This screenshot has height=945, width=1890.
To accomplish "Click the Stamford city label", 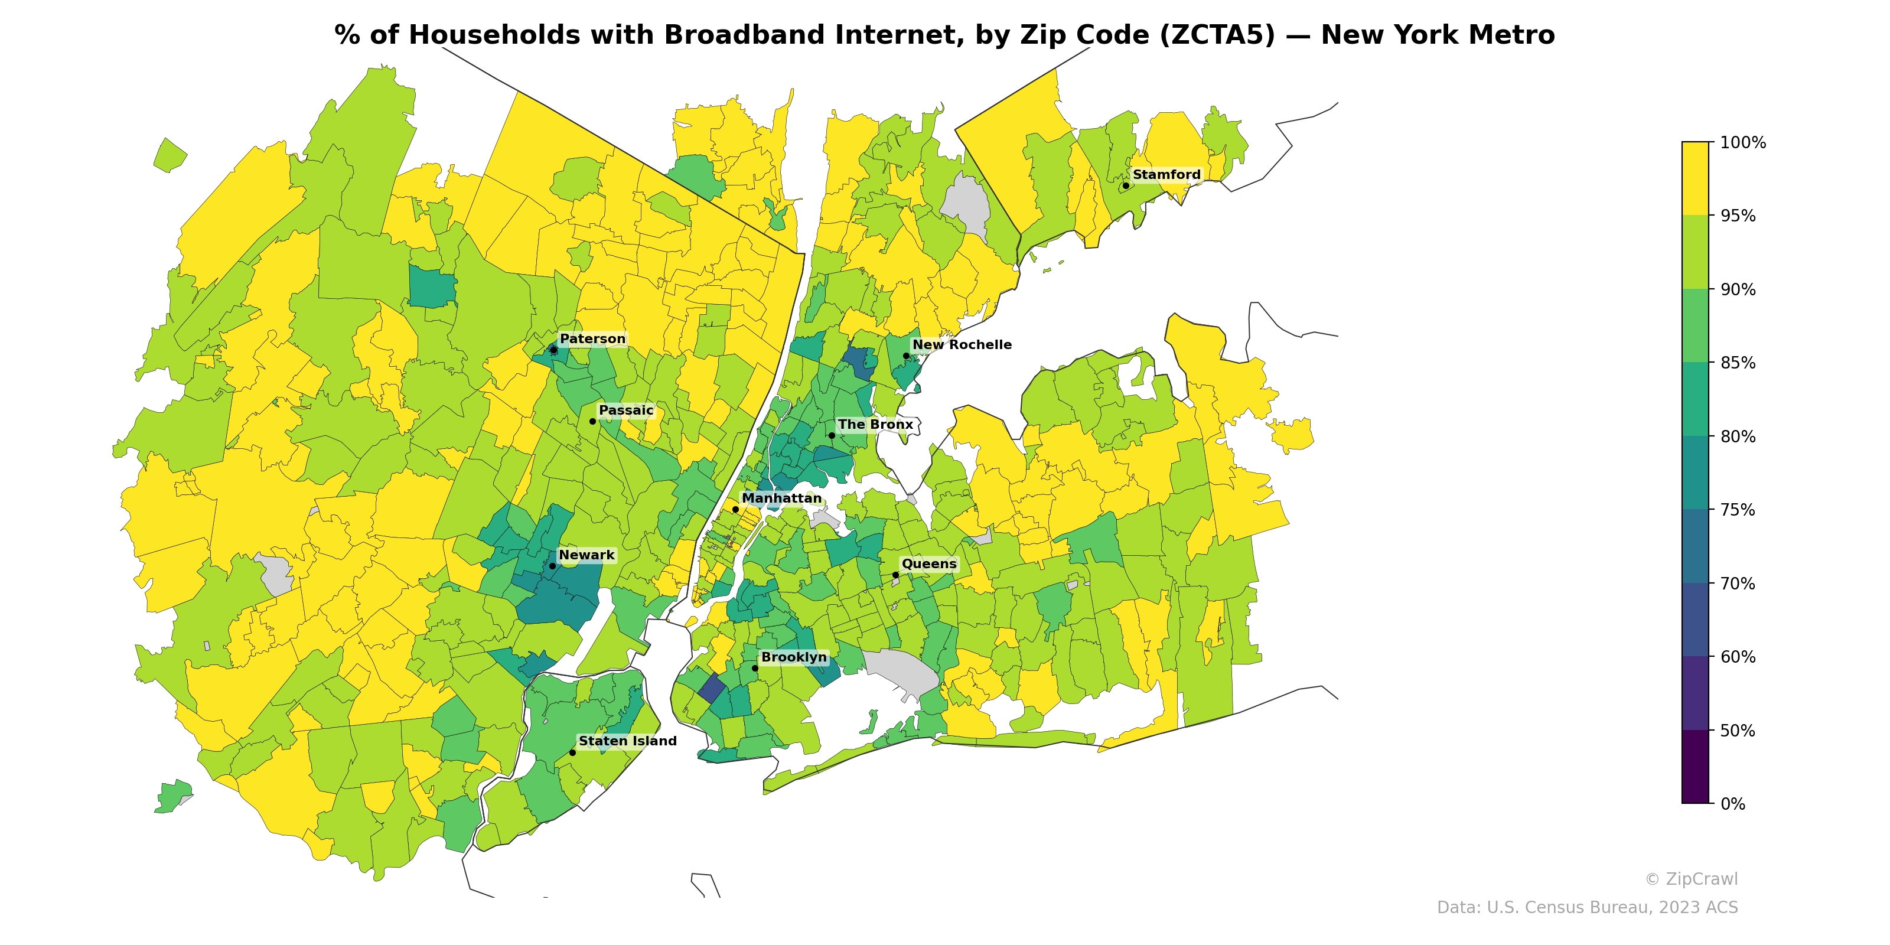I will click(x=1166, y=175).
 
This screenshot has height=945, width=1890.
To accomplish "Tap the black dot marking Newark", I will click(x=552, y=566).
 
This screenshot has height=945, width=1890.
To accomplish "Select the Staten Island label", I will click(x=627, y=741).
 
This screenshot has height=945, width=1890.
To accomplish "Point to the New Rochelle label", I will click(x=961, y=345).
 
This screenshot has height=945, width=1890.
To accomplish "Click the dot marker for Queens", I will click(x=895, y=575).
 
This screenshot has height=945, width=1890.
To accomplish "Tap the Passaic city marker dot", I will click(x=592, y=421).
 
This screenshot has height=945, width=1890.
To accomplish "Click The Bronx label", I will click(x=875, y=425).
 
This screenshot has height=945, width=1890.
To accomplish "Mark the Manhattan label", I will click(x=781, y=498).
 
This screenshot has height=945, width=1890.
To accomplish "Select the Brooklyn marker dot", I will click(x=755, y=667).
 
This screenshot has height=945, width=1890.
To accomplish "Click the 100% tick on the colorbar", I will click(x=1742, y=142).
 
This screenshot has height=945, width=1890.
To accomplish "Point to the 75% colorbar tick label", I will click(x=1738, y=510).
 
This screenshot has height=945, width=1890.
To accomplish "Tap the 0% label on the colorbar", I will click(x=1732, y=804).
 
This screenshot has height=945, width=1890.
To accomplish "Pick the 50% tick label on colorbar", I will click(x=1738, y=731).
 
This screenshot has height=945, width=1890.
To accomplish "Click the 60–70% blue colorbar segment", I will click(x=1695, y=620).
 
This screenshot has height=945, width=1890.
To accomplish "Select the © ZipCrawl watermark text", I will click(x=1690, y=879).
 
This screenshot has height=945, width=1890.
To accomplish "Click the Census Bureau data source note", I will click(x=1586, y=908).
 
